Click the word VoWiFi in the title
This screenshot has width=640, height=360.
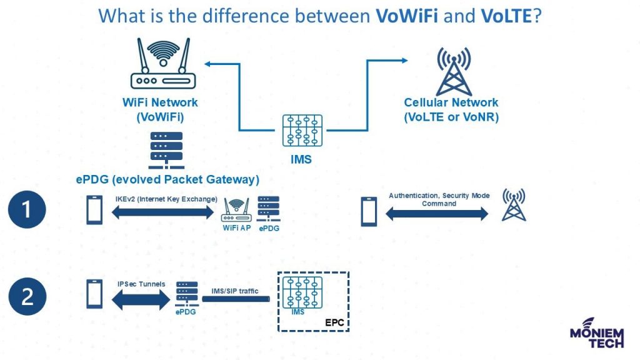[407, 15]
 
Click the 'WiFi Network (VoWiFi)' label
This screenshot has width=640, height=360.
[160, 109]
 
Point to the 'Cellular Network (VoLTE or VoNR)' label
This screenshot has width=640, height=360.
[451, 109]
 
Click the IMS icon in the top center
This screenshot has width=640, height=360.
[302, 131]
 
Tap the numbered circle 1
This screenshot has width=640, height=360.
[27, 209]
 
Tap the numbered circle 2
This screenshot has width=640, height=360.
[27, 296]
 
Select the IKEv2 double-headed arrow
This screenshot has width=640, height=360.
[163, 212]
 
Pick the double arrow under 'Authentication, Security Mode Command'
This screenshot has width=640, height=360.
[437, 214]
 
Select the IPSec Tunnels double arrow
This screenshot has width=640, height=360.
[141, 299]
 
